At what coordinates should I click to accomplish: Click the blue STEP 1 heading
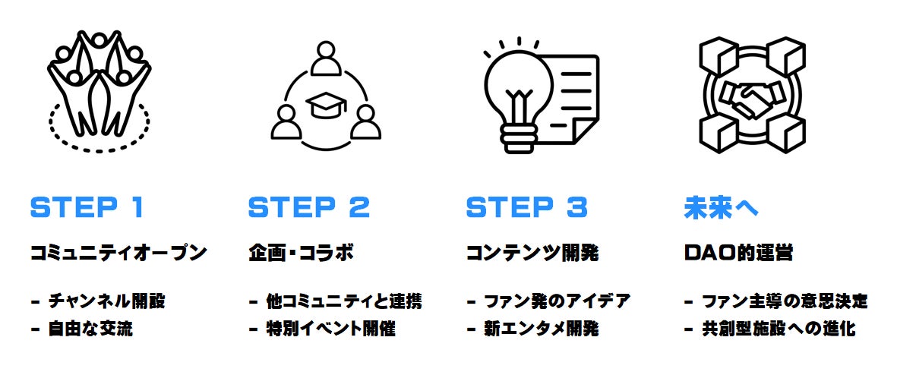tap(86, 207)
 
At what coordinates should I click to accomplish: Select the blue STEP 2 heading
tap(308, 207)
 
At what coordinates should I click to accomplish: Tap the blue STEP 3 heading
tap(526, 207)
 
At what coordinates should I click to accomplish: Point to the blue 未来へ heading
tap(721, 207)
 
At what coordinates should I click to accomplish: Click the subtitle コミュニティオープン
tap(118, 253)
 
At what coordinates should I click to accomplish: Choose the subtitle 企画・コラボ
tap(301, 253)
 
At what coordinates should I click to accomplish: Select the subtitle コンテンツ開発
tap(532, 253)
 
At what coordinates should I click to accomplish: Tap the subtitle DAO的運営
tap(738, 253)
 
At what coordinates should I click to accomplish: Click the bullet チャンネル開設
tap(106, 301)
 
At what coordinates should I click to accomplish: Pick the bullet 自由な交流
tap(90, 329)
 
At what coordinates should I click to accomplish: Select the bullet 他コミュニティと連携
tap(343, 301)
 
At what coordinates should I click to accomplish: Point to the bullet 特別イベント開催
tap(330, 329)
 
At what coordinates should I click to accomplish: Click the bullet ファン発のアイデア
tap(557, 301)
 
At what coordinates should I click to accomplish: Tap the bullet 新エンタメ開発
tap(542, 329)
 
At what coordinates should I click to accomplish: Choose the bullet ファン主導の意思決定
tap(785, 301)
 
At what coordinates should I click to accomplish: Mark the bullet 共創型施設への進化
tap(779, 329)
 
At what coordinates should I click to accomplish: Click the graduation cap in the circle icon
tap(326, 106)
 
